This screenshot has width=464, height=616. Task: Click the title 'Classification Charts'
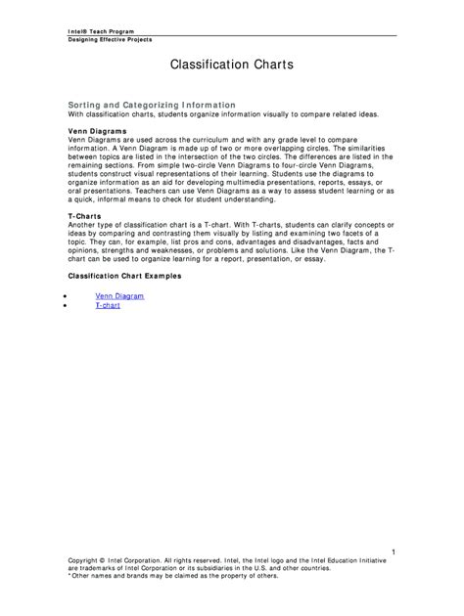[232, 66]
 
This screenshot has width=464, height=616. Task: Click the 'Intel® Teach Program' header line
[95, 31]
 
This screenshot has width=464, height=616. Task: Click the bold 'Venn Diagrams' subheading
[97, 130]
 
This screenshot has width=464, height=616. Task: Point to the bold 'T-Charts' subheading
[85, 215]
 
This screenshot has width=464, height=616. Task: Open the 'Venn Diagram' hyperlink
[119, 295]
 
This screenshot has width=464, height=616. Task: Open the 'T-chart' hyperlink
[108, 305]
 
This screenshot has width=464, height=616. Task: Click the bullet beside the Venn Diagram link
[65, 295]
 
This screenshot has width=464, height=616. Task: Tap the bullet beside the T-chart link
[65, 306]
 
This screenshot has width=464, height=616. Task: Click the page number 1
[393, 553]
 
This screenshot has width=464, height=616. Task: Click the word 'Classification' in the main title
[206, 66]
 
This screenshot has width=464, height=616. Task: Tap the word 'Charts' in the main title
[270, 66]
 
